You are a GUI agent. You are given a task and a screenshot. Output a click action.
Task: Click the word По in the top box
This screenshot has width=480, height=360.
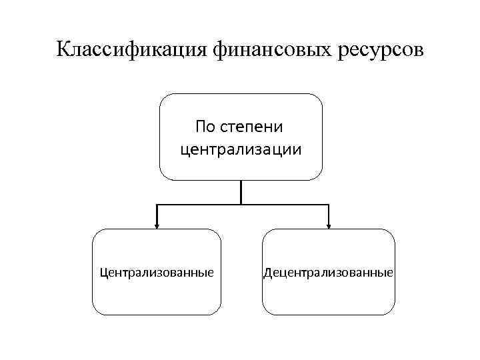(x=205, y=126)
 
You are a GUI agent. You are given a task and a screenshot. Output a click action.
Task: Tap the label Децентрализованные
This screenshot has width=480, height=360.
(x=329, y=273)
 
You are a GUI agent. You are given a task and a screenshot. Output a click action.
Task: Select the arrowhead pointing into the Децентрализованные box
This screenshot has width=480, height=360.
(x=329, y=225)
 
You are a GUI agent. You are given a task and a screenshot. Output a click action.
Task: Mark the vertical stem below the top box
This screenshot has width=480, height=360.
(x=241, y=191)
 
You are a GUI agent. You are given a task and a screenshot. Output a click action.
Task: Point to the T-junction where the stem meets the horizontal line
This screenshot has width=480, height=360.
(x=241, y=203)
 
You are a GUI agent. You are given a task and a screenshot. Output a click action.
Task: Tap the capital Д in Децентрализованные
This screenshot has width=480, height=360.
(x=267, y=273)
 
